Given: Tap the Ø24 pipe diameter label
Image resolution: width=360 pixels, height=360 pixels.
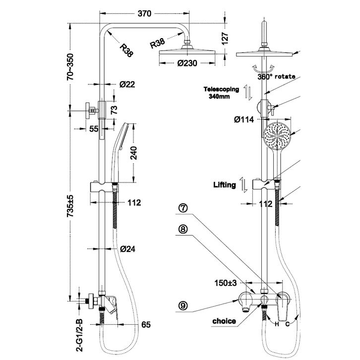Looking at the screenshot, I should [x=128, y=248].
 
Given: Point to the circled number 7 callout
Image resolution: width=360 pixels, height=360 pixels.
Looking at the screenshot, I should [x=183, y=209].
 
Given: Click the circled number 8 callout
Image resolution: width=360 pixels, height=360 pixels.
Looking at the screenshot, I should [x=183, y=230].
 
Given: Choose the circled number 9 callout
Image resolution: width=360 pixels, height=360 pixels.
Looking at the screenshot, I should [x=183, y=306].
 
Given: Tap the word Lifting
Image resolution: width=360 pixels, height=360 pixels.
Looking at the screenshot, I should [x=225, y=184].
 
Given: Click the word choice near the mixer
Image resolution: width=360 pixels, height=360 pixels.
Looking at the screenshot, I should [x=224, y=321].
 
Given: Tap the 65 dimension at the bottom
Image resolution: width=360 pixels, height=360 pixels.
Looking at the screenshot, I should [x=146, y=326].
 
